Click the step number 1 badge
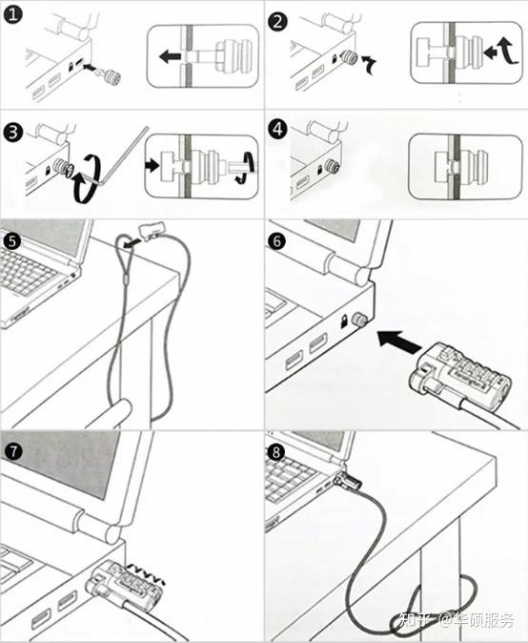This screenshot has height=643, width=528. point(12,15)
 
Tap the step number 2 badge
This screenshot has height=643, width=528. point(277,21)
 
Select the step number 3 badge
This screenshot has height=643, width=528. point(12,133)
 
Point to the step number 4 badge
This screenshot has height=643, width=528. point(277,129)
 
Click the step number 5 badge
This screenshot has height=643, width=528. point(11,240)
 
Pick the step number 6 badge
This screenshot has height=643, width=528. point(277,240)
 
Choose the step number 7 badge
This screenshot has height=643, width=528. point(13,451)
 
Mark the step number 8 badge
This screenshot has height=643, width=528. point(276,452)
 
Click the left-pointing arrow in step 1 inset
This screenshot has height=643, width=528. point(170,55)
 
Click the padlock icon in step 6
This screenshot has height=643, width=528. point(345,321)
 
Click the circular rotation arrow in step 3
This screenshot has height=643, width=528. point(87,178)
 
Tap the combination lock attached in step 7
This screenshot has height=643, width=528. point(125,582)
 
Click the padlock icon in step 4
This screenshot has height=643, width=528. point(319,169)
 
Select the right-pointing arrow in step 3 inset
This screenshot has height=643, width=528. point(152,166)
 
